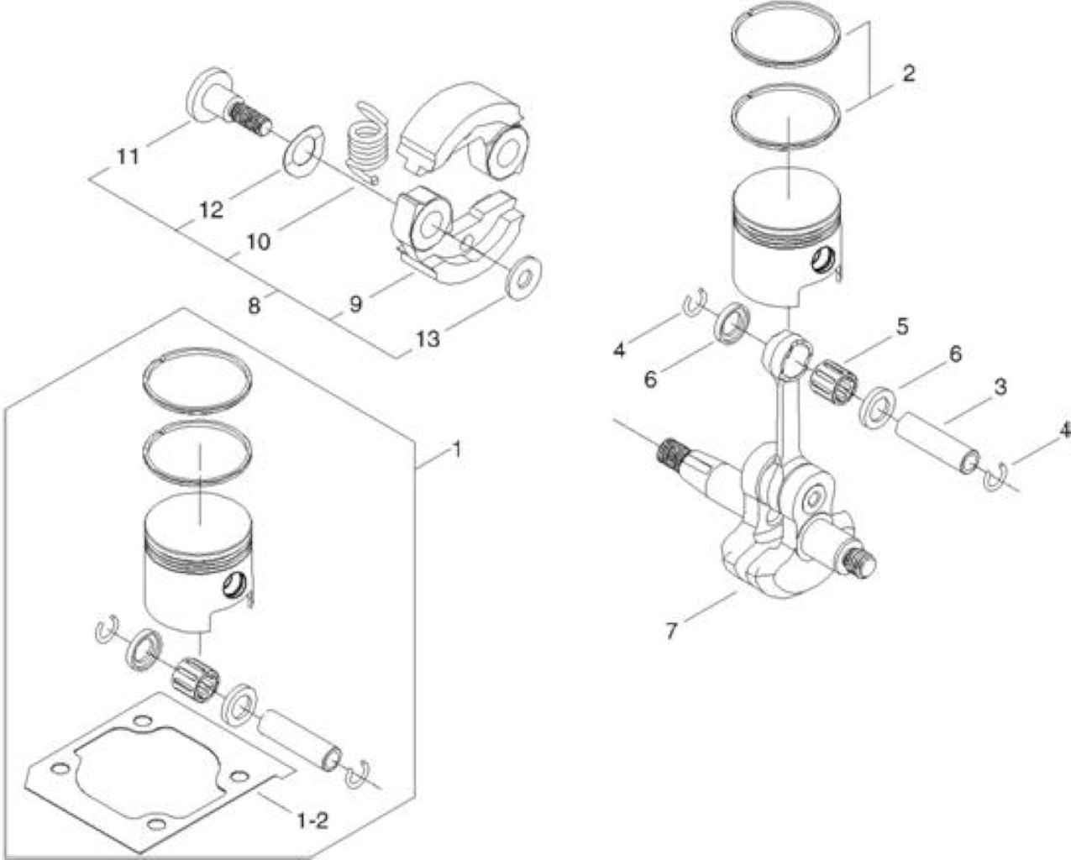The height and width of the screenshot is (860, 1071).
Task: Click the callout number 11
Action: (x=129, y=157)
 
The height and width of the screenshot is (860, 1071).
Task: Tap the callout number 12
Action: (x=212, y=210)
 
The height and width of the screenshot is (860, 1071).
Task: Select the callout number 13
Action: (x=428, y=339)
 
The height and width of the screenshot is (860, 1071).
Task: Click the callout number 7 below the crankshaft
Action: (x=671, y=632)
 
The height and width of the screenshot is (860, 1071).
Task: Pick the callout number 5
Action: (x=903, y=327)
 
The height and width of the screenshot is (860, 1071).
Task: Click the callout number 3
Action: (x=1000, y=386)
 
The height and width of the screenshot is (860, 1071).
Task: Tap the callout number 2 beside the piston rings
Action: (x=909, y=74)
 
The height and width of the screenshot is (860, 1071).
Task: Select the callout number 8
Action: (x=254, y=306)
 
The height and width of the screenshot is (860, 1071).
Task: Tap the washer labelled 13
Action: (x=523, y=278)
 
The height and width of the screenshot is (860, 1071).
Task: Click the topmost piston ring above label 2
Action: (x=786, y=34)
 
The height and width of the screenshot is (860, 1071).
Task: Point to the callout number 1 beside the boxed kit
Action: (x=456, y=449)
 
